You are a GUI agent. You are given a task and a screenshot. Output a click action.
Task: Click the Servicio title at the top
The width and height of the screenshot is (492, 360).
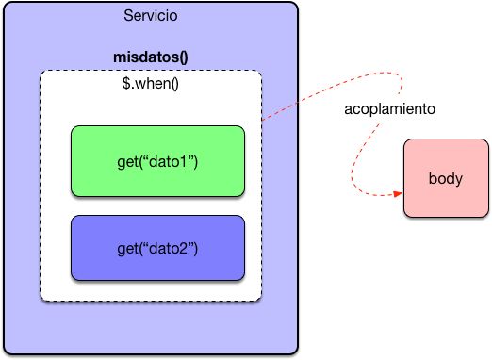point(150,16)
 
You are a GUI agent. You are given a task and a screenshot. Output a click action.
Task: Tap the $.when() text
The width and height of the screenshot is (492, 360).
point(150,83)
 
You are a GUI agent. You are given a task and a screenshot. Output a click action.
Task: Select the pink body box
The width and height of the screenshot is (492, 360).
point(446,178)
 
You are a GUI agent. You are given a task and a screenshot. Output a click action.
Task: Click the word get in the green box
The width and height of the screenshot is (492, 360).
point(127,161)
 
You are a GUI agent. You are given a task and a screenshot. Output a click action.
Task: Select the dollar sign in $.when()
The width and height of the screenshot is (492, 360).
point(126,83)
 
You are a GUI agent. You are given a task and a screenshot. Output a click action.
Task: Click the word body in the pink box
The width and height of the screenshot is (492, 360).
point(446,178)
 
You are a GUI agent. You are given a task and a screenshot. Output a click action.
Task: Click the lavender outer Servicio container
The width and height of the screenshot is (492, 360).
point(21,188)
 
